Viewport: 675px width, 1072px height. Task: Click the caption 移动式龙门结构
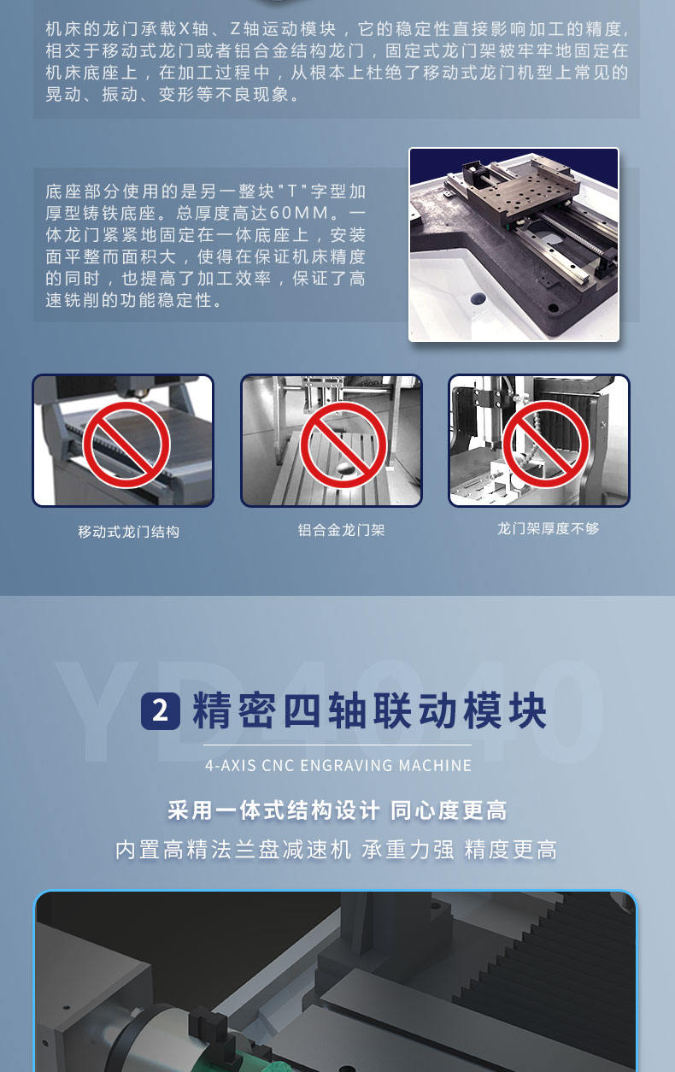[x=128, y=532]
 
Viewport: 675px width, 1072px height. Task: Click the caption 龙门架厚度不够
[x=549, y=528]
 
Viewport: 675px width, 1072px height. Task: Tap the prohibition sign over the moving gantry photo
[x=126, y=444]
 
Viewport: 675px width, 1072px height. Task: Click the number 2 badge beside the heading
[x=160, y=711]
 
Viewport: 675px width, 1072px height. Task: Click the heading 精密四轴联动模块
[x=369, y=711]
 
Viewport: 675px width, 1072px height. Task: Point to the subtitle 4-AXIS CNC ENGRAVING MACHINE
[x=338, y=765]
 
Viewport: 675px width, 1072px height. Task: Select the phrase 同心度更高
[x=449, y=810]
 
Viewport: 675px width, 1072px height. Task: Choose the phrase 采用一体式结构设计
[x=273, y=810]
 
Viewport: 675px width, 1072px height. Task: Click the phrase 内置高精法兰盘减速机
[x=233, y=850]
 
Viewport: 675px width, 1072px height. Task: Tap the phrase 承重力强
[x=408, y=850]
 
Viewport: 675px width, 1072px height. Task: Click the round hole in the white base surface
[x=477, y=299]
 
